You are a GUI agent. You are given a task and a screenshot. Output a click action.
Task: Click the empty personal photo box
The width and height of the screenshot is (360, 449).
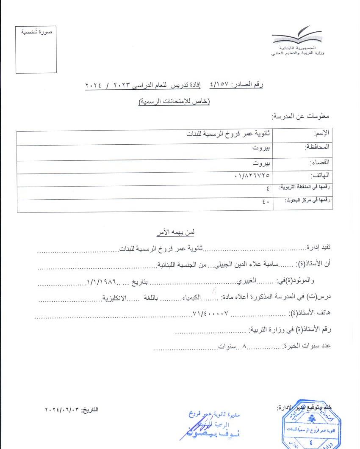[36, 50]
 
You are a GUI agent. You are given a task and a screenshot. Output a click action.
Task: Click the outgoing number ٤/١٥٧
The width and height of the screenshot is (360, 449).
[219, 85]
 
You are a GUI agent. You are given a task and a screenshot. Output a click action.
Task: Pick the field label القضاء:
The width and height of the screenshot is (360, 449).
[320, 162]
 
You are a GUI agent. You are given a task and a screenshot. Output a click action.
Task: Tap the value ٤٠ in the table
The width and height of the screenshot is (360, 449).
[266, 202]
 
